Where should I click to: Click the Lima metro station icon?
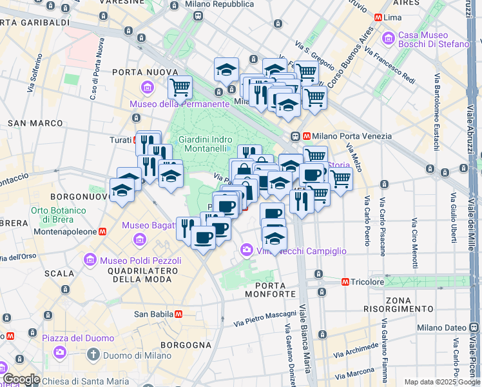(x=377, y=17)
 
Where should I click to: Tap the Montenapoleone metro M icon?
(x=101, y=232)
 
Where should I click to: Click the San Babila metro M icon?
(x=178, y=314)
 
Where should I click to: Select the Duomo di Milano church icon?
(x=93, y=354)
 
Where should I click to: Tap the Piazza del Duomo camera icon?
(x=60, y=352)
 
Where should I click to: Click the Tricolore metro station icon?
(x=345, y=282)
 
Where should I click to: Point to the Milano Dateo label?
(x=441, y=328)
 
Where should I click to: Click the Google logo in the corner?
(x=21, y=379)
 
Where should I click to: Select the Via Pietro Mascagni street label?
(x=265, y=319)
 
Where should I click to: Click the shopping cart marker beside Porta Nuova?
(x=180, y=86)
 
